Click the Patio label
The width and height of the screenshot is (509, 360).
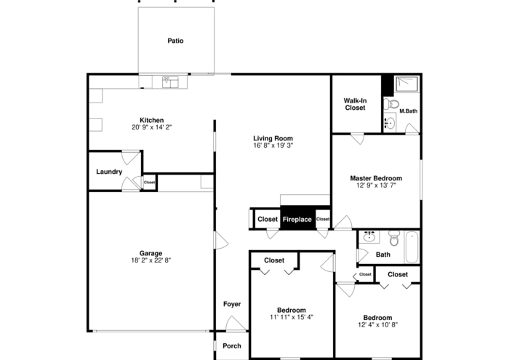point(175,41)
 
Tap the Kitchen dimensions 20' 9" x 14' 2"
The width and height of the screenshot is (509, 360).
point(152,127)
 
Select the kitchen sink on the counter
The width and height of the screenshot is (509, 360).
point(169,81)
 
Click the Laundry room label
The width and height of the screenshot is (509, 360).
point(109,172)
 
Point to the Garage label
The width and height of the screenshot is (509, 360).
point(151,253)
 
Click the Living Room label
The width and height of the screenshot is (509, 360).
point(273,138)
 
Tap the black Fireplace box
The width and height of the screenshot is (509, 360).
point(297,219)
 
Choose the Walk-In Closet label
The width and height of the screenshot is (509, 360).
point(355,104)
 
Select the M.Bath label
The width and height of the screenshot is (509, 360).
point(408,111)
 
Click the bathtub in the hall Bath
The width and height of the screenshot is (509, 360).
point(412,246)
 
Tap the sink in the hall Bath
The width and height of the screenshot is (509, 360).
point(369,236)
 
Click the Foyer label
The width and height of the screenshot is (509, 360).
point(232,304)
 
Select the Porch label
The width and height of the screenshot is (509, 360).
point(232,345)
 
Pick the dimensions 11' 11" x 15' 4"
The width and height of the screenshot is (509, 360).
point(292,317)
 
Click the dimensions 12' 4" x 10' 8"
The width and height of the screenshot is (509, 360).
point(377,325)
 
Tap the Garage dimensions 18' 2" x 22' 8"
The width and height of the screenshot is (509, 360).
point(151,260)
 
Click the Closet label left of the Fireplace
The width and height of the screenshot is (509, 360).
point(267,219)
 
